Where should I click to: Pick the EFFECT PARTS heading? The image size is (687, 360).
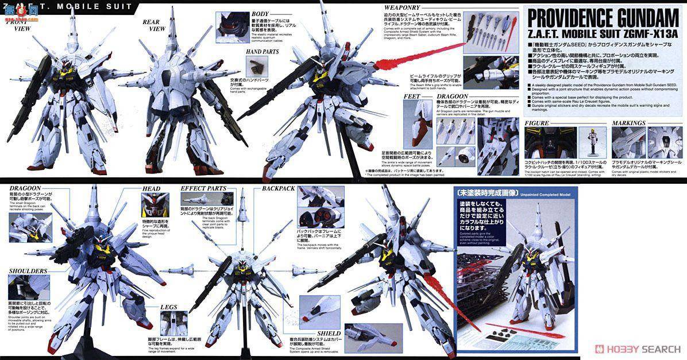206,188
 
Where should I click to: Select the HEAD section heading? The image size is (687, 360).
153,188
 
